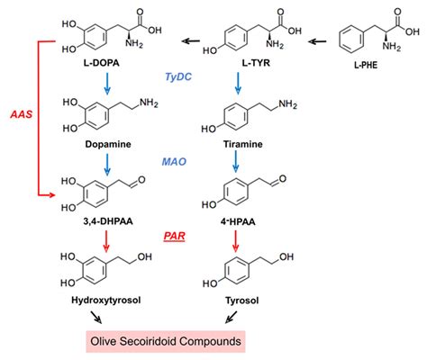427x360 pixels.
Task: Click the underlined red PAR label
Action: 176,237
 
